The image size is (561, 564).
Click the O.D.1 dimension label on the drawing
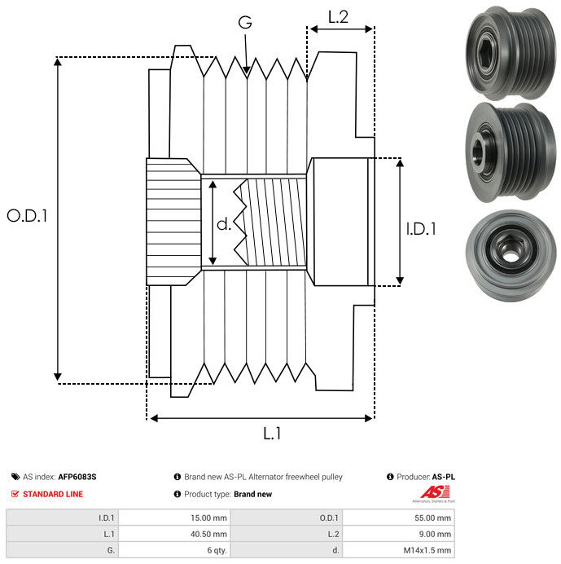(x=28, y=216)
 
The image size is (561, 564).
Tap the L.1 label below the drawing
(x=272, y=434)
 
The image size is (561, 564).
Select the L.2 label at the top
(x=339, y=17)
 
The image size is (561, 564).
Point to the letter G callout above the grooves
(x=245, y=22)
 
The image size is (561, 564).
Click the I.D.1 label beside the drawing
(x=421, y=229)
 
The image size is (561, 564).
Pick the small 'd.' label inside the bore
(x=224, y=224)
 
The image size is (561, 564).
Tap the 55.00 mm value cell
(x=398, y=518)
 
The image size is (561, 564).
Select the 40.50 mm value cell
(x=174, y=534)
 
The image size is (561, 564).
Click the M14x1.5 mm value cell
(x=398, y=550)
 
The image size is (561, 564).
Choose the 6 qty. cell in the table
(x=174, y=550)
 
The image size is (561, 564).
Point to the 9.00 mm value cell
(x=398, y=534)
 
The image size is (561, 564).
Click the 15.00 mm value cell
(x=174, y=518)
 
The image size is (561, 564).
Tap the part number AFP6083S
(x=77, y=477)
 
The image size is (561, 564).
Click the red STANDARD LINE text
(x=53, y=494)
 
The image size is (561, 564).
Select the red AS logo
(x=436, y=492)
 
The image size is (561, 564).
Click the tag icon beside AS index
(x=15, y=477)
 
